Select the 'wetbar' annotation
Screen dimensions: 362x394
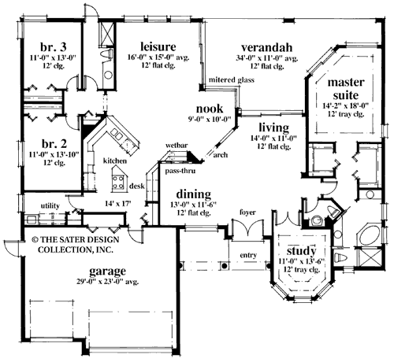pos(174,146)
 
